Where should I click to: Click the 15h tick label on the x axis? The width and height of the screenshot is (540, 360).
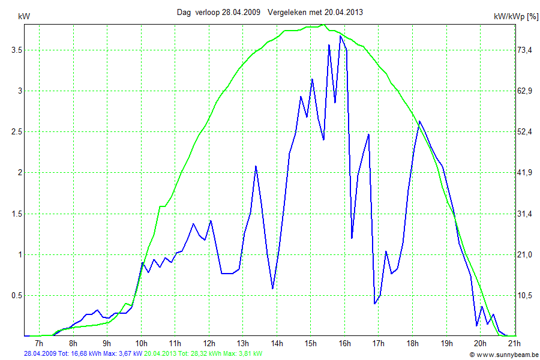[x=310, y=343]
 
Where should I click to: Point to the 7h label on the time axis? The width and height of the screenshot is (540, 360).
[x=39, y=343]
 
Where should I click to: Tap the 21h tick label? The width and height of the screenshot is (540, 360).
[x=514, y=343]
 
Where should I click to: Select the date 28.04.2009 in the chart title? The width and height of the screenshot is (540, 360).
[x=241, y=12]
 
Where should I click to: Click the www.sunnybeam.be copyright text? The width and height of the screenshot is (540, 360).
[x=504, y=355]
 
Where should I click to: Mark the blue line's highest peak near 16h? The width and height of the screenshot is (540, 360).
[x=340, y=36]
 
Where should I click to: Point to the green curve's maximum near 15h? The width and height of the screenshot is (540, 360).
[x=323, y=25]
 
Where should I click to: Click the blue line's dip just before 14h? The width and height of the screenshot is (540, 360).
[x=273, y=289]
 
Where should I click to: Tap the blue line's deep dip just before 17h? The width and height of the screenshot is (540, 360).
[x=374, y=304]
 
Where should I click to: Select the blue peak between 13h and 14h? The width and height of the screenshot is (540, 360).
[x=256, y=166]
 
